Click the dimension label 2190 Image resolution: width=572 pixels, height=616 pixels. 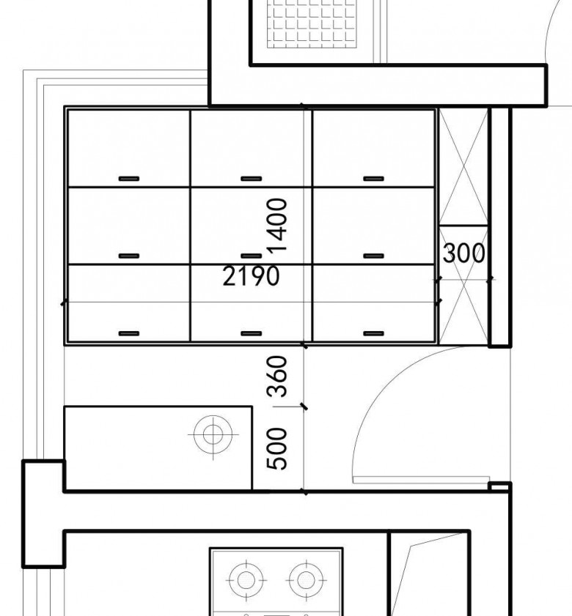[251, 275]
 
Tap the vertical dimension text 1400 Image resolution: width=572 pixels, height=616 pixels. [277, 225]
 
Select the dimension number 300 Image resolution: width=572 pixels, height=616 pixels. [463, 253]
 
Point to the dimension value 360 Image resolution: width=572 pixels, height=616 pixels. [277, 376]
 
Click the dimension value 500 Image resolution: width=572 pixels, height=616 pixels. [277, 449]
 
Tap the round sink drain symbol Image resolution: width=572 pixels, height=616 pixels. [213, 434]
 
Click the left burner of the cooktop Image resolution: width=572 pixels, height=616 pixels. [246, 580]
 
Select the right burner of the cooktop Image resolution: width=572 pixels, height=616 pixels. [306, 580]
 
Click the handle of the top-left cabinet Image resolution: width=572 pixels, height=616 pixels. [129, 179]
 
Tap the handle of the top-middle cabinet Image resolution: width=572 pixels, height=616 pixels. [252, 179]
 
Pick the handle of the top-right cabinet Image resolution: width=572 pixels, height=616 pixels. [374, 179]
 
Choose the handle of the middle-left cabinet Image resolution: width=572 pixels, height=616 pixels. [129, 256]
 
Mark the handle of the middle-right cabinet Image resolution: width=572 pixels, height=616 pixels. [374, 256]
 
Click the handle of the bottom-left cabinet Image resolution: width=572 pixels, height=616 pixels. [129, 334]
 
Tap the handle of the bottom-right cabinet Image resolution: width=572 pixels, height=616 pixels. [374, 334]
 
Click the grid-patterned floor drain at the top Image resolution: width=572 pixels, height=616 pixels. [312, 23]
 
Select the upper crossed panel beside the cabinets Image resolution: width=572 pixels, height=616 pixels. [463, 167]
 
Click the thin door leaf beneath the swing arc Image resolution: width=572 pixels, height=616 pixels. [422, 480]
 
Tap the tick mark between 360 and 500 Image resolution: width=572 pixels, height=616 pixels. [304, 407]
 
